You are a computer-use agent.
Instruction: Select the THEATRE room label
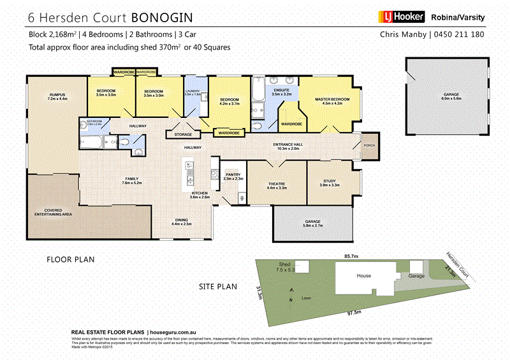276,186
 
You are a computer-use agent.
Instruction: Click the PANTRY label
233,176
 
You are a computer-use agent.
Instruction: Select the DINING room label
182,221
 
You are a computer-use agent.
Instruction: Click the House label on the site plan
363,276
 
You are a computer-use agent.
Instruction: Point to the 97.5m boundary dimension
354,312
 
